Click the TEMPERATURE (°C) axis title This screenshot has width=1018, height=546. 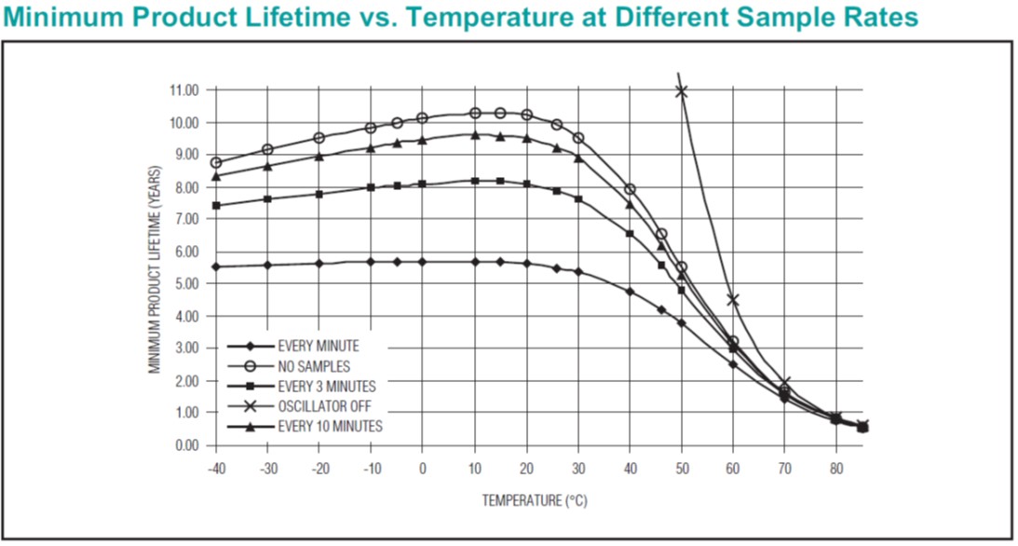click(x=535, y=500)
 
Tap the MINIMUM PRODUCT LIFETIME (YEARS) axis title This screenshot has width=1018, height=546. click(x=156, y=269)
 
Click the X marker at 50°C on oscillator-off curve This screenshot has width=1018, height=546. click(x=681, y=90)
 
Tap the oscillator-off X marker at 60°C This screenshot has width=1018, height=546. click(x=733, y=300)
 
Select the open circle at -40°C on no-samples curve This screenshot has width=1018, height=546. click(x=216, y=162)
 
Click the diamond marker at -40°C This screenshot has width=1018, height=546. click(x=216, y=266)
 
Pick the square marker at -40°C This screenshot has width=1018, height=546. click(x=216, y=205)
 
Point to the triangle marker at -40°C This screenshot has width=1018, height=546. click(x=216, y=176)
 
